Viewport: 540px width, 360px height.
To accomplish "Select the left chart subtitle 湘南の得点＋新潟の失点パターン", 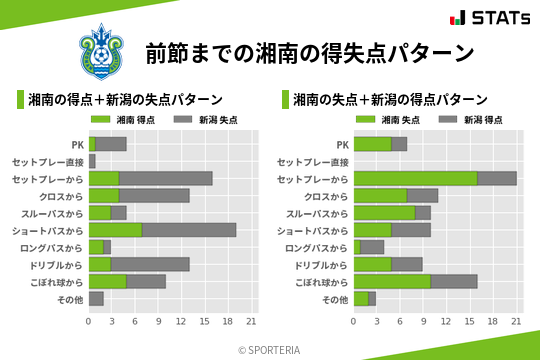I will [x=125, y=100].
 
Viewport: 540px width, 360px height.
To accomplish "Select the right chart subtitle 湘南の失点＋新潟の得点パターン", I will [x=390, y=100].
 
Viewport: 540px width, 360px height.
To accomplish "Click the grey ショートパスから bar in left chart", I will [x=189, y=230].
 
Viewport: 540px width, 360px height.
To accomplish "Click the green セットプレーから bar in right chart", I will [x=415, y=178].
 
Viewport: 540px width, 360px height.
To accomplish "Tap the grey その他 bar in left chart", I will [x=96, y=298].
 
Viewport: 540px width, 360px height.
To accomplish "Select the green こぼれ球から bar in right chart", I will [x=392, y=281].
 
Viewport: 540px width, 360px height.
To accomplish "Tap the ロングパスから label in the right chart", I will [x=315, y=247].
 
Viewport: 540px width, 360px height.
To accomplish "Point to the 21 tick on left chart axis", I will [x=251, y=322].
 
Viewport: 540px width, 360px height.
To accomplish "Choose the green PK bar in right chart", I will [x=373, y=144].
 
